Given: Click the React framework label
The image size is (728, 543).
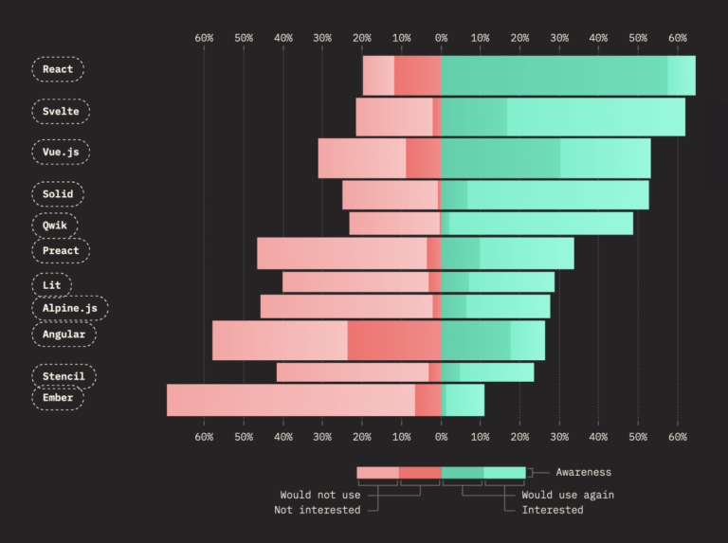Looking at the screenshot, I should click(x=58, y=69).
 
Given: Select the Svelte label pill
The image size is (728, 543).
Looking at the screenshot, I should click(x=61, y=111).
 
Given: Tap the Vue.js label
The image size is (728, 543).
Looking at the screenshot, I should click(x=61, y=152).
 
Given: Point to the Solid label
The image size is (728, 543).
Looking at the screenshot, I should click(x=58, y=194).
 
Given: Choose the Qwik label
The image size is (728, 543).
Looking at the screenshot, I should click(x=55, y=226).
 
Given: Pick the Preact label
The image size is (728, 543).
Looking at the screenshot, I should click(x=61, y=251).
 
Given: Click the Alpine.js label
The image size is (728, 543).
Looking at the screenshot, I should click(x=69, y=308).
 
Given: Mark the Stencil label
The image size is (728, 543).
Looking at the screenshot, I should click(x=64, y=376).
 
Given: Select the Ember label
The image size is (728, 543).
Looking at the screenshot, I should click(x=58, y=398).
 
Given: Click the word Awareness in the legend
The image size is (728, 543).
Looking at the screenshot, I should click(x=583, y=472).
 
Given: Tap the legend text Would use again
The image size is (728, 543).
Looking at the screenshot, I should click(x=568, y=495).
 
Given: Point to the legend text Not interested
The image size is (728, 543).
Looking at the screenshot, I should click(x=318, y=510).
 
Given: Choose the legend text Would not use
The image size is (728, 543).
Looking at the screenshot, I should click(x=320, y=495).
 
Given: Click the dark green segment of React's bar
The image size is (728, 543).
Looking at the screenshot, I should click(x=555, y=76).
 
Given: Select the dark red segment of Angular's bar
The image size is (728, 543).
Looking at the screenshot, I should click(x=394, y=340).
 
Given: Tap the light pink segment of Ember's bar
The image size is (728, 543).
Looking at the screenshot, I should click(x=291, y=400).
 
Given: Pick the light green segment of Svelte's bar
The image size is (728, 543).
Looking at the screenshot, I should click(x=595, y=117).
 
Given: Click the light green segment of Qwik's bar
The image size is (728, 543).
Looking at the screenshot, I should click(x=541, y=224).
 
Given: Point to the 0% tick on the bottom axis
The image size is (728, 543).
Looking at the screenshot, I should click(x=442, y=437).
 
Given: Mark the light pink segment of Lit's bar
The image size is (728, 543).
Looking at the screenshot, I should click(x=355, y=282).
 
